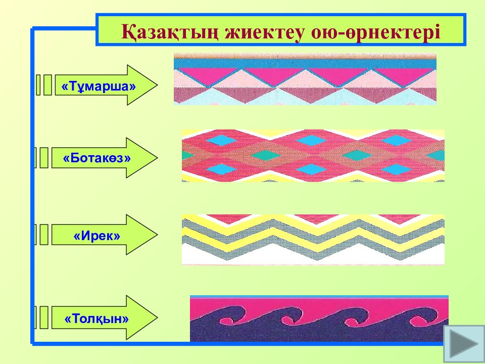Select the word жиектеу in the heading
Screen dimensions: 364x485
[263, 31]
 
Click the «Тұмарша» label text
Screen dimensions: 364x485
[99, 85]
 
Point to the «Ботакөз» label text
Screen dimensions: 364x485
[97, 158]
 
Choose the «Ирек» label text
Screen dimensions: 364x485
[97, 235]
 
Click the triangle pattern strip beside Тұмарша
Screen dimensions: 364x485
[305, 79]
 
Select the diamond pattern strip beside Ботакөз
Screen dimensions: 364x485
[313, 155]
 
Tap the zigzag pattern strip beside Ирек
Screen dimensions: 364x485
[313, 239]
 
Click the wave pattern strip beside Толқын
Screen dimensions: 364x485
[319, 319]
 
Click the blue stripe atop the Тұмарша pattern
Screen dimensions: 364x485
[305, 63]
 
